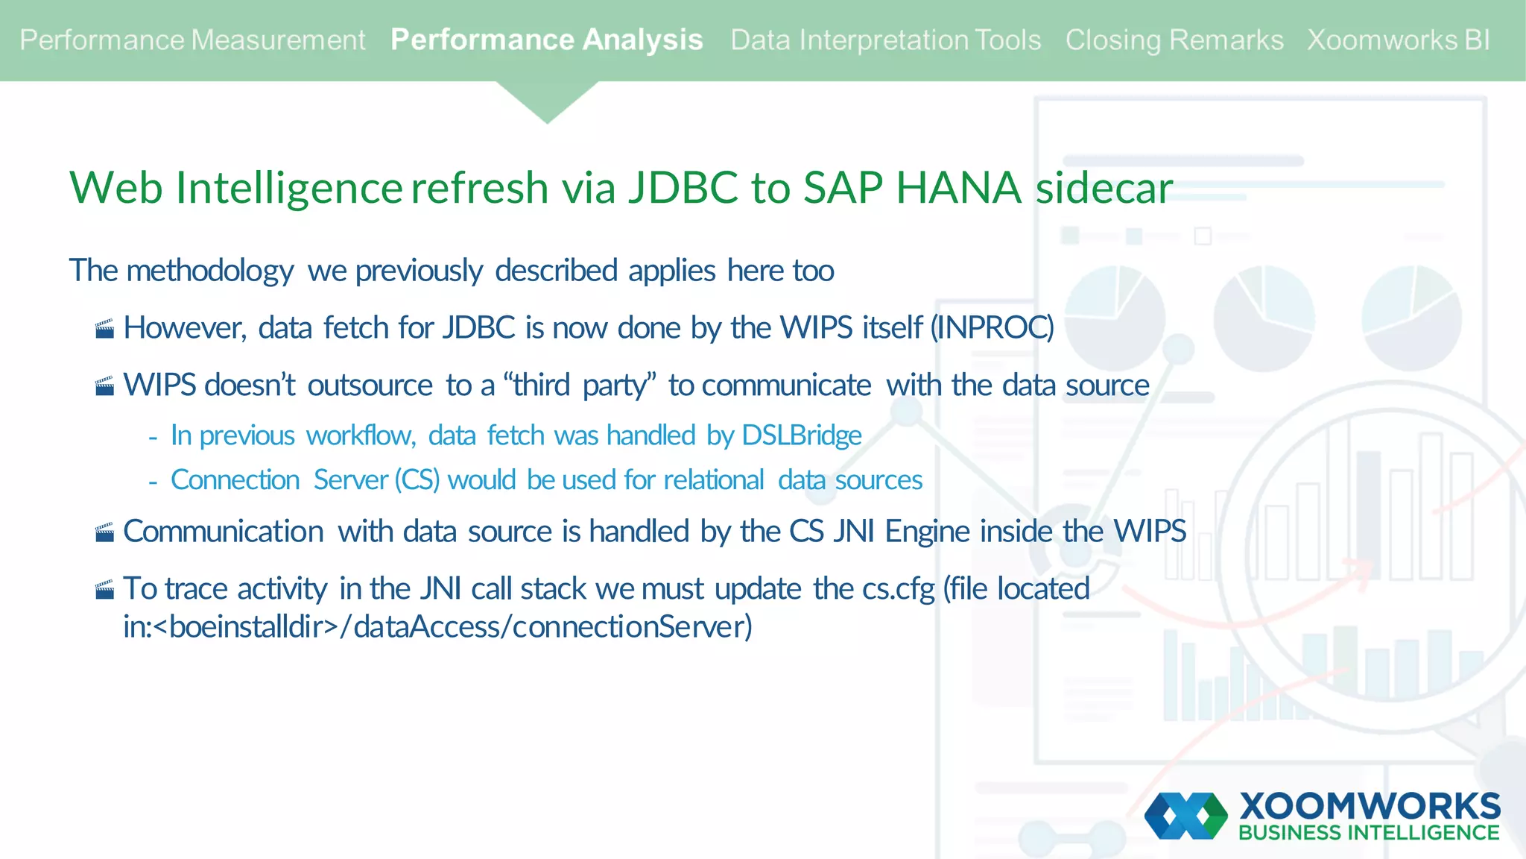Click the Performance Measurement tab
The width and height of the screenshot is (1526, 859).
[192, 40]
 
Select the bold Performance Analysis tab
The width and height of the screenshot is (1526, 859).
[546, 40]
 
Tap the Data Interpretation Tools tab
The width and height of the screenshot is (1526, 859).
[885, 40]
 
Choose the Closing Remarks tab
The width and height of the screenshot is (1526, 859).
[1174, 40]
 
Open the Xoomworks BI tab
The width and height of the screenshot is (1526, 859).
[1399, 40]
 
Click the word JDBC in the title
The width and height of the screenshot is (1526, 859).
[683, 187]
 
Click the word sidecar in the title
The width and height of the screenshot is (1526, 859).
[1104, 187]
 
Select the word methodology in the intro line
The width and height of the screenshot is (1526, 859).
[210, 271]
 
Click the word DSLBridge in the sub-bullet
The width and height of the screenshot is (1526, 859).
[802, 435]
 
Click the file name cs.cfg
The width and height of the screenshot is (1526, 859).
[898, 589]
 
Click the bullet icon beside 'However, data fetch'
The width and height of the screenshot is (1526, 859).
[105, 329]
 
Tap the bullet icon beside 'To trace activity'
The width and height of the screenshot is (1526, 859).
[105, 590]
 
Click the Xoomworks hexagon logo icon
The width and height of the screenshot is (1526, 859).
[1186, 816]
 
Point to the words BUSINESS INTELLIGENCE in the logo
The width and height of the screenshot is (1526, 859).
[1369, 833]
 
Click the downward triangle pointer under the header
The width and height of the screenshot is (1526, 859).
[548, 101]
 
